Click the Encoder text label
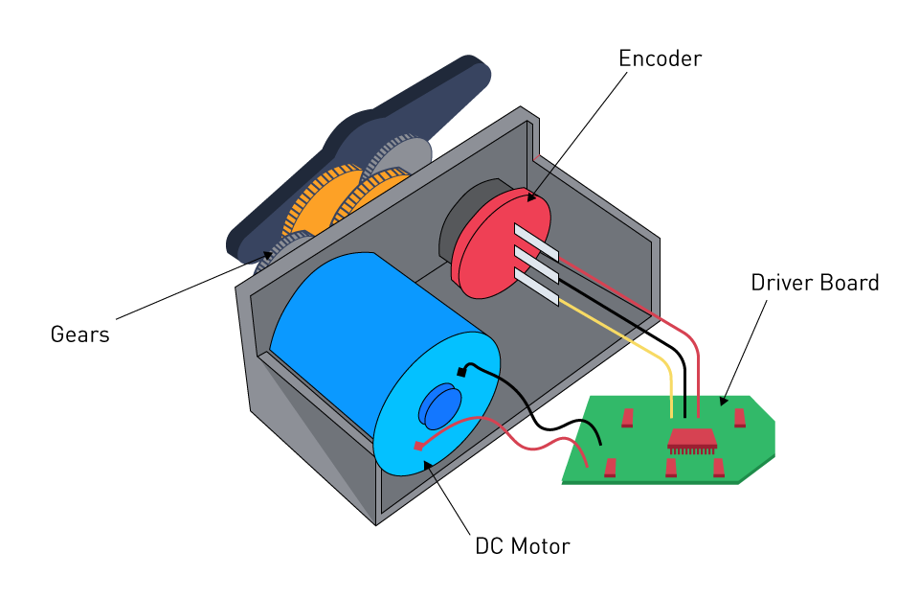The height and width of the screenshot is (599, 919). [x=660, y=58]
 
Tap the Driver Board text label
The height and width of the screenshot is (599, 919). [x=814, y=284]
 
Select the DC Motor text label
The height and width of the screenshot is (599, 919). [x=522, y=547]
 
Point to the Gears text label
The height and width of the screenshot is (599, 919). [x=79, y=334]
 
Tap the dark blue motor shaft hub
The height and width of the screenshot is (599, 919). [x=440, y=406]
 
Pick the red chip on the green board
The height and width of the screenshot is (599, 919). [x=692, y=439]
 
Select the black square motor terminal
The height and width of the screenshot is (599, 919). [x=461, y=371]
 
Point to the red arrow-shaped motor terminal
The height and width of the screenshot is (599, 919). [x=417, y=445]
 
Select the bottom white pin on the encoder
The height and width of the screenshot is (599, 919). [x=536, y=288]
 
